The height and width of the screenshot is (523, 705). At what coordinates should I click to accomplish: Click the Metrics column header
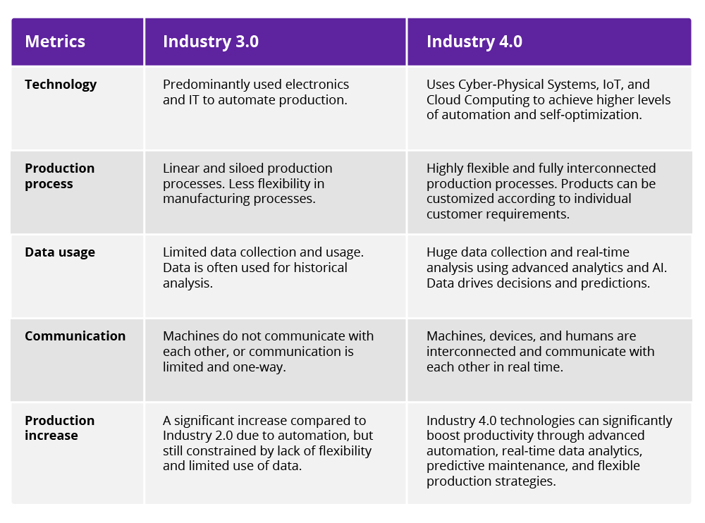[x=55, y=42]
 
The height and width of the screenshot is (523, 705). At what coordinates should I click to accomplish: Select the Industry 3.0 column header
[x=210, y=42]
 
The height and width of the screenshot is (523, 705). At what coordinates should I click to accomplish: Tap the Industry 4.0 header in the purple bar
[x=474, y=42]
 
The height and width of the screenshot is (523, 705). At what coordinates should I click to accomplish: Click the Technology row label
[x=61, y=85]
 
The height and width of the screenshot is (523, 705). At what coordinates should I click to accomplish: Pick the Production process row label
[x=59, y=176]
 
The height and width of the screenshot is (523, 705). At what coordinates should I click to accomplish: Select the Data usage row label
[x=60, y=252]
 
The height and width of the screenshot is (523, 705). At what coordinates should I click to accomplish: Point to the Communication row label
[x=75, y=336]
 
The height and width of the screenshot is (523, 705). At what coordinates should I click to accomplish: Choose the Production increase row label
[x=59, y=428]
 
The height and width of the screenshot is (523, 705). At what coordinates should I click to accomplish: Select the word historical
[x=314, y=268]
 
